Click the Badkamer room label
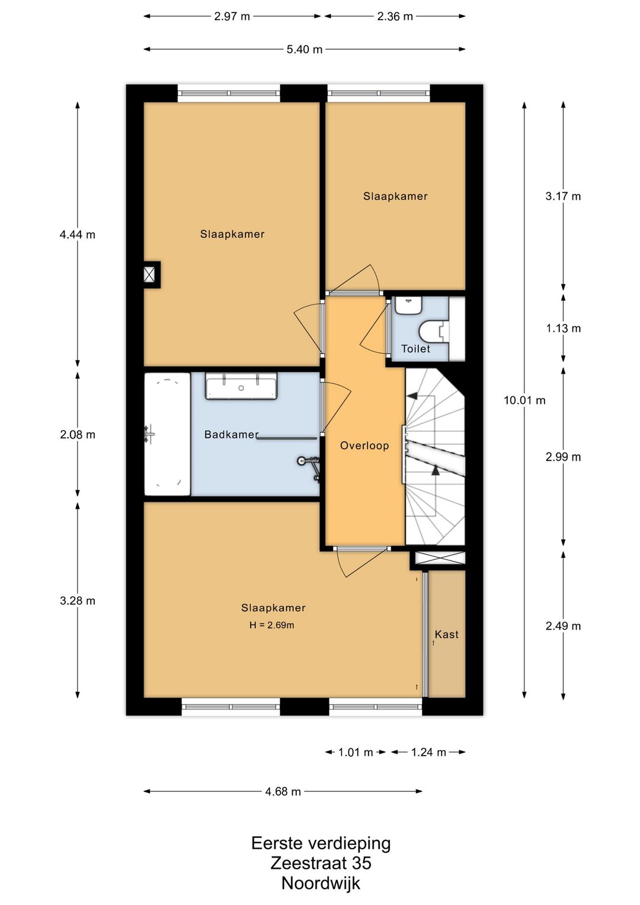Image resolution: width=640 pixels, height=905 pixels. click(231, 434)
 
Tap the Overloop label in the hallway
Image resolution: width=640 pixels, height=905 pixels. click(364, 445)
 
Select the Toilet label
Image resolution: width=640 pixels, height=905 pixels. click(415, 349)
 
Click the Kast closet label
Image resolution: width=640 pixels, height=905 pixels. click(447, 635)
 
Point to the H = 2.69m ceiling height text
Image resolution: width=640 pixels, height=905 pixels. click(272, 625)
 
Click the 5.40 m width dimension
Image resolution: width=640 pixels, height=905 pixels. click(305, 49)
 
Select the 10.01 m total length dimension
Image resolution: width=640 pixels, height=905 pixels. click(524, 400)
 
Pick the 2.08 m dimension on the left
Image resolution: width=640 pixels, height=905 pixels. click(78, 435)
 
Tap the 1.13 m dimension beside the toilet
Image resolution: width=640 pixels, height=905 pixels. click(564, 329)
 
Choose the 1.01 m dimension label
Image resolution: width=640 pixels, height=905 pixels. click(356, 752)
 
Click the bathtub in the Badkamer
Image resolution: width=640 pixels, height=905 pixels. click(167, 434)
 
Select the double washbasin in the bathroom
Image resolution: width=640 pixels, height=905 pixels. click(241, 386)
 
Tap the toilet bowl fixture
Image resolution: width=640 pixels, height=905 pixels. click(434, 332)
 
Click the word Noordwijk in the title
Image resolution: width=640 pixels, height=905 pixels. click(321, 883)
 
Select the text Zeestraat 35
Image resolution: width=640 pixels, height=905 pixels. click(321, 863)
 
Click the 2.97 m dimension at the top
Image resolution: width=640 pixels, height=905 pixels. click(232, 17)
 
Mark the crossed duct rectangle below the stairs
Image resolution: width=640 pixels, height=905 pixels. click(440, 558)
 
